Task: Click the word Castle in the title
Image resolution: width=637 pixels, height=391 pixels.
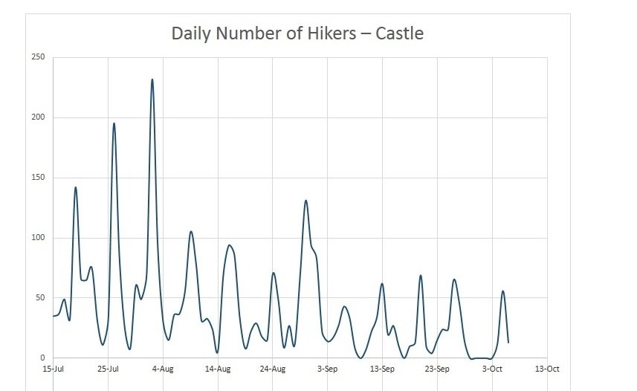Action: (398, 33)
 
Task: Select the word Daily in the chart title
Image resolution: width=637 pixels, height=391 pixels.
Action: (193, 33)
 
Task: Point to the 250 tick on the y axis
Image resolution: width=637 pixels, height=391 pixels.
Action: (38, 57)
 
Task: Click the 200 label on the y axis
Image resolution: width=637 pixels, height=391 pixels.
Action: (38, 117)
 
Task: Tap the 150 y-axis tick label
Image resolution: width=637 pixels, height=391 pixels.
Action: (38, 178)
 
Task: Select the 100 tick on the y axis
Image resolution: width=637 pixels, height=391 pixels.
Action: (38, 238)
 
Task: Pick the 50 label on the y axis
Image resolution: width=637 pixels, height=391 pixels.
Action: (40, 298)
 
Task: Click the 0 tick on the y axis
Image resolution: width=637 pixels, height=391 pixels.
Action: (42, 358)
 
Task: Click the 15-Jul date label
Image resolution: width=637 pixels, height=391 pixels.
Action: (54, 369)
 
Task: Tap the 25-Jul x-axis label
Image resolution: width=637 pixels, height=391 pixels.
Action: (109, 369)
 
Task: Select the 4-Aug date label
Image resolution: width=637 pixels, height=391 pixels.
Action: (164, 369)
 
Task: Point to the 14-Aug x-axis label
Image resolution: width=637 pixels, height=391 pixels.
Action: (218, 369)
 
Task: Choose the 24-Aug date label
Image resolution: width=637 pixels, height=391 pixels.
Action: (273, 369)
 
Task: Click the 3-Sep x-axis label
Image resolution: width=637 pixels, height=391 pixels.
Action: (328, 369)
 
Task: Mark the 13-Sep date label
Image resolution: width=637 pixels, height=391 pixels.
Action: (382, 369)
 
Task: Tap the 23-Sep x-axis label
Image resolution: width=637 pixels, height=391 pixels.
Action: (437, 369)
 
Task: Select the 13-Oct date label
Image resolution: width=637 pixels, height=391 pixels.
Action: (547, 369)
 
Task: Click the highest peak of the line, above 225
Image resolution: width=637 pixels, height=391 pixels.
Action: (152, 80)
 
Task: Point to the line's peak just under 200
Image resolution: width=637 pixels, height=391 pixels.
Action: (114, 123)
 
